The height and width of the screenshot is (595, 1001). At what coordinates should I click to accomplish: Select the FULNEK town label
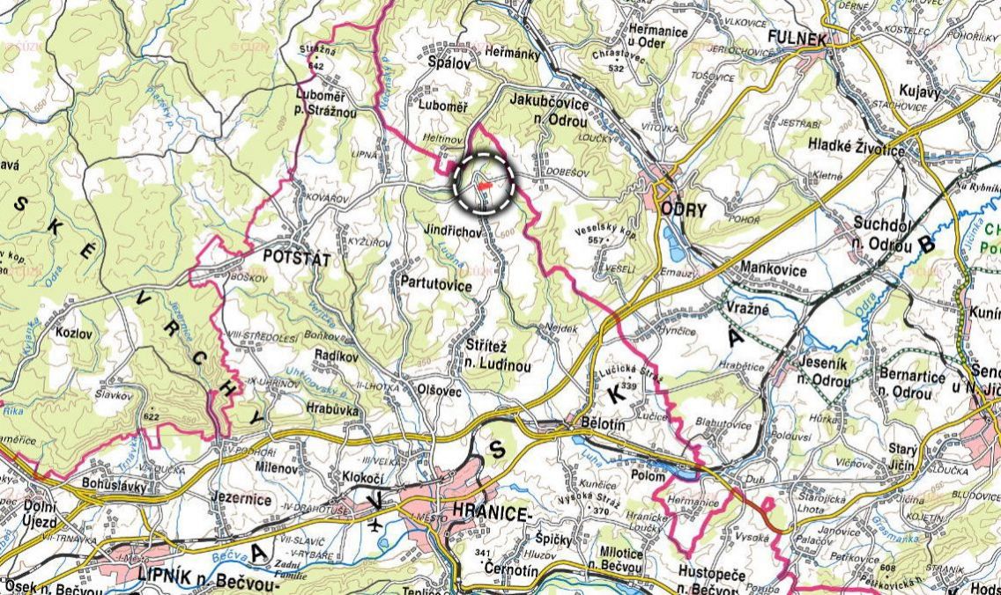[x=797, y=39]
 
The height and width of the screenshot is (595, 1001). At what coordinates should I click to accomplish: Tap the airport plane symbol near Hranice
[x=377, y=525]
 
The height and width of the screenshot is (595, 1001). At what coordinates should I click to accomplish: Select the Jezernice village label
[x=241, y=497]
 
